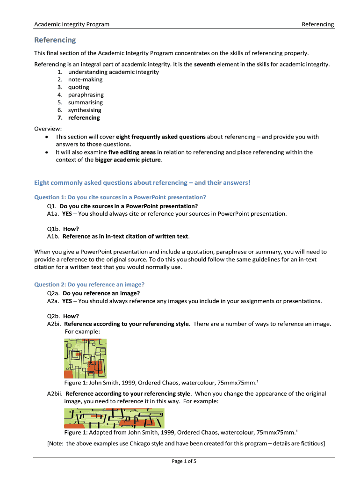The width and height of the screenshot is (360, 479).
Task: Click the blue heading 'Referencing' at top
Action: coord(55,40)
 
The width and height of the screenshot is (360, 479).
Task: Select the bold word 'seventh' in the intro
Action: coord(204,64)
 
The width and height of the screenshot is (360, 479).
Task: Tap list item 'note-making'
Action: coord(86,80)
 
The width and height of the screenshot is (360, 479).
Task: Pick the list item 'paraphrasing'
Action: coord(86,94)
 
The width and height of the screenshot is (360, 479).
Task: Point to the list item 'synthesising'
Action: coord(85,110)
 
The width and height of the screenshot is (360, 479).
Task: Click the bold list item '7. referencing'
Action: coord(79,117)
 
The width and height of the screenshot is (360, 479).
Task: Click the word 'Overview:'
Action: coord(48,129)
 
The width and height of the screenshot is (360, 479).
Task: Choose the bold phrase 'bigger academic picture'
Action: coord(128,160)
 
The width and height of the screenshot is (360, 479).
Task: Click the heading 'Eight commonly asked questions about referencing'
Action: coord(142,182)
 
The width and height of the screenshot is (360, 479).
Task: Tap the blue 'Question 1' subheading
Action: coord(120,197)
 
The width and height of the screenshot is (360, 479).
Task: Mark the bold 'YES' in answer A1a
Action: coord(67,213)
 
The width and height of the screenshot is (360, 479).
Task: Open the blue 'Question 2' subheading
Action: coord(89,284)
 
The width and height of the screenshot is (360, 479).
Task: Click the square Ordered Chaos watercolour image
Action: coord(85,358)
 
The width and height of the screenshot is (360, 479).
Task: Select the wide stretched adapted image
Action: coord(114,418)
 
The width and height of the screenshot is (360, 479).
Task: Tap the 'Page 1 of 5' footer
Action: coord(184,461)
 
